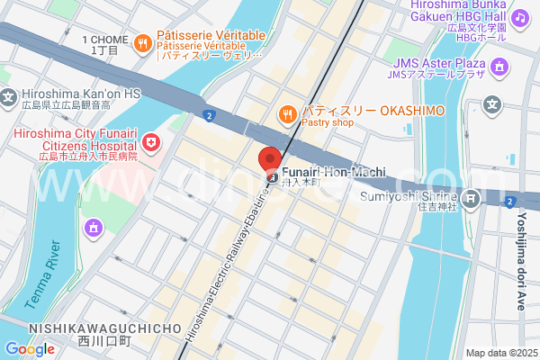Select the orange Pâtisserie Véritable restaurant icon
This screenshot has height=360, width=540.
click(142, 42)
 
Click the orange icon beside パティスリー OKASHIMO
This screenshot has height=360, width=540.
click(287, 113)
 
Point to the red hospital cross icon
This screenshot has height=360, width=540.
click(151, 142)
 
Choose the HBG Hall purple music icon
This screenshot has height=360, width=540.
click(519, 18)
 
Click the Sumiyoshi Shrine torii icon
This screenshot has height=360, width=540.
click(470, 197)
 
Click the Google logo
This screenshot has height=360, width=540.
click(30, 348)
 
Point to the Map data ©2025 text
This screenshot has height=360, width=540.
click(500, 353)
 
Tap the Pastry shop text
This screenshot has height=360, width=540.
click(328, 122)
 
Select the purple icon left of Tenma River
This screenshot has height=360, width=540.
click(93, 229)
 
